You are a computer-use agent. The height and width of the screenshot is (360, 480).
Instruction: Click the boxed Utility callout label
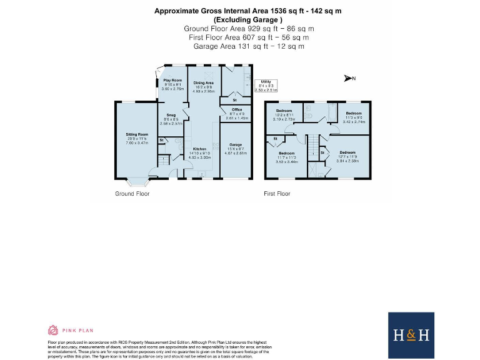point(265,86)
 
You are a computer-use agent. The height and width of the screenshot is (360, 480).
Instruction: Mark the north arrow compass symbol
point(349,78)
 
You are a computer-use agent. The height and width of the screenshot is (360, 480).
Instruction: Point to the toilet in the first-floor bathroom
point(310,116)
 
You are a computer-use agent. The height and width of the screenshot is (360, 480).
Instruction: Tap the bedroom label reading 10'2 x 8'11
point(284,114)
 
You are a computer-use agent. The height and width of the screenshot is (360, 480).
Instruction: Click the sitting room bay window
point(136,182)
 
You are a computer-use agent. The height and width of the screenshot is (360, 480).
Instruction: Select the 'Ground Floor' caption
point(132,194)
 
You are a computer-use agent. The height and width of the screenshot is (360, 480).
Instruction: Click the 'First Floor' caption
point(277,194)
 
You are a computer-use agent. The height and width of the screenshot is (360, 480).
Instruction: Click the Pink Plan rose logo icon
point(53,330)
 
